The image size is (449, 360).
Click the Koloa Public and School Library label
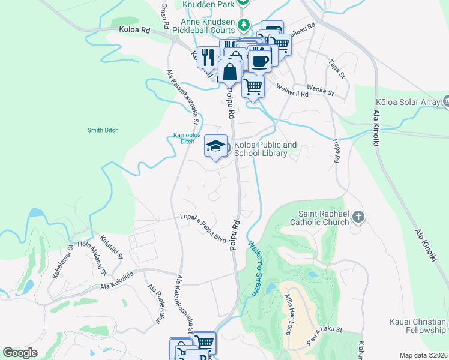(x=265, y=149)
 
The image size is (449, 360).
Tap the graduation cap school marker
(x=216, y=146)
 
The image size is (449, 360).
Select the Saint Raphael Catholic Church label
(x=324, y=218)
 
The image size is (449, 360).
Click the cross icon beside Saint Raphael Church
(x=358, y=217)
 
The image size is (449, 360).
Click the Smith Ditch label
(x=103, y=130)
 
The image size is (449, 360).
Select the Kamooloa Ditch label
(x=184, y=138)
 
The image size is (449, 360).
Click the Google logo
(x=20, y=353)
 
